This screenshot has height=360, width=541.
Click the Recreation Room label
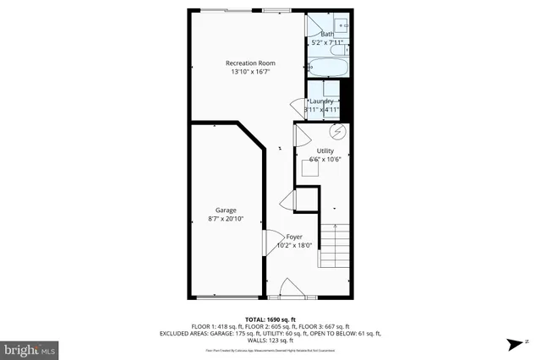point(249,63)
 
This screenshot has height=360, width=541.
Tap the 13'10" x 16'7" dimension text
point(249,73)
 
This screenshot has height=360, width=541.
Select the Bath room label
point(326,34)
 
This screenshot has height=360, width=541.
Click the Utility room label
point(325,150)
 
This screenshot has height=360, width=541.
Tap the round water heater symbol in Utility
point(336,132)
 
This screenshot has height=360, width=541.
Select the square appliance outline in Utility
point(311,168)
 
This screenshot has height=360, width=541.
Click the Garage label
point(226,210)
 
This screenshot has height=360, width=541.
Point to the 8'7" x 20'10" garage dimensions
point(226,220)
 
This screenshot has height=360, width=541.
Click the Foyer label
point(294,237)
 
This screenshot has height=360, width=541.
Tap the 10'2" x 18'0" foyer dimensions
point(294,246)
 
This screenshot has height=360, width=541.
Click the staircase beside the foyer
point(338,245)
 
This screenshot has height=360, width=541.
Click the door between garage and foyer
point(271,243)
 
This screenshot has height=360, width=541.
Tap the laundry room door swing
point(298,107)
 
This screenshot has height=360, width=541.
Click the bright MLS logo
point(30,347)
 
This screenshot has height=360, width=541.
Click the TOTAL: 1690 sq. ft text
point(270,319)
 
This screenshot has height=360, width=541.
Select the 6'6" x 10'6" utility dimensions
point(325,160)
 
